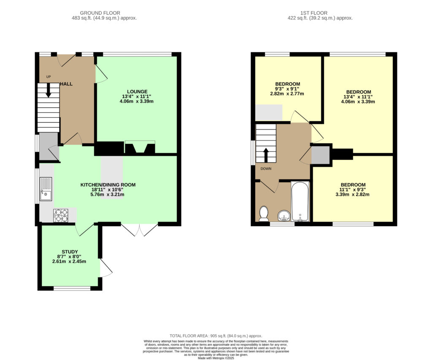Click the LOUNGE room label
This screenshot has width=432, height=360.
(x=137, y=92)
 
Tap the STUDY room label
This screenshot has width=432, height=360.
(x=70, y=252)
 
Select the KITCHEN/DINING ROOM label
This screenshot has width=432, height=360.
(x=108, y=185)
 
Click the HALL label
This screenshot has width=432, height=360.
(x=66, y=84)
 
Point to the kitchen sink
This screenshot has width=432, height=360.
(x=46, y=189)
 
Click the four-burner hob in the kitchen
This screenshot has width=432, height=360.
(x=61, y=215)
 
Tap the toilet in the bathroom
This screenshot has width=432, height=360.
(x=264, y=214)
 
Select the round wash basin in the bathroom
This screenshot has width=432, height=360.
(x=284, y=215)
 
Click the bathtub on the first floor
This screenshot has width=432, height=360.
(x=300, y=201)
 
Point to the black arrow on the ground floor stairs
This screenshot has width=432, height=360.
(x=48, y=90)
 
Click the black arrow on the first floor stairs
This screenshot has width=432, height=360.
(x=266, y=155)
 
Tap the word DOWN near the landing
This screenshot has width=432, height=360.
(x=266, y=169)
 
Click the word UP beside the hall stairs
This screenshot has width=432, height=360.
(x=49, y=77)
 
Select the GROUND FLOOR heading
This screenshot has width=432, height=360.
(x=100, y=13)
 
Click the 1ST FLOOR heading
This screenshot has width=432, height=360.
(x=314, y=13)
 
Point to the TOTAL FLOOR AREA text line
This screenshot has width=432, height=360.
(x=216, y=336)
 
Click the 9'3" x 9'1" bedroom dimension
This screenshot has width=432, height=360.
(x=287, y=89)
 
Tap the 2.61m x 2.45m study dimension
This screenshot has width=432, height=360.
(x=69, y=261)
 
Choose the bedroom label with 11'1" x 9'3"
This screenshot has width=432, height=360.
(x=353, y=185)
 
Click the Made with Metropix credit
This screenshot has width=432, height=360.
(x=216, y=358)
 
